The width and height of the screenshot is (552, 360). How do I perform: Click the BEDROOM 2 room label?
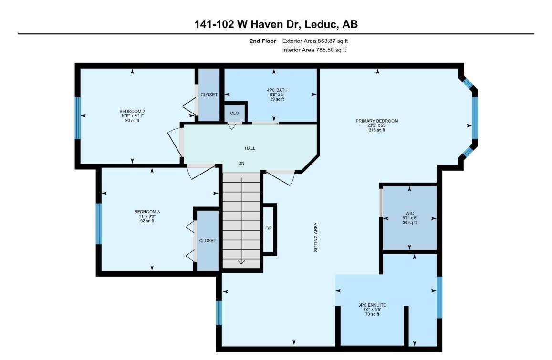coord(132,112)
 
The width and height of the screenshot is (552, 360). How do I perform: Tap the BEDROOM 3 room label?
coord(147,212)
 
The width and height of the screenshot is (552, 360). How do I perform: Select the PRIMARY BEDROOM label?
coord(377,121)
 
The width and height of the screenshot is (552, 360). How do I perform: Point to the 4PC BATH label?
coord(277,90)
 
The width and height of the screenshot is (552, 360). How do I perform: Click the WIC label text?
coord(409,214)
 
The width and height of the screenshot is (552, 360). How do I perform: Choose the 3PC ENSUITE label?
coord(372,305)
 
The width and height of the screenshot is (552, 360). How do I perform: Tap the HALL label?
coord(250,148)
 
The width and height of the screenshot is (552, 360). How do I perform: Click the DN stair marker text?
coord(241,163)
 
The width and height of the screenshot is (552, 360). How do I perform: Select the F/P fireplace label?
coord(269,228)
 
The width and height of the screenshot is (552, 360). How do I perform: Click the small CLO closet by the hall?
coord(234,113)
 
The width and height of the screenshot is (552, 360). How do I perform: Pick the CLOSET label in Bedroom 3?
coord(208,241)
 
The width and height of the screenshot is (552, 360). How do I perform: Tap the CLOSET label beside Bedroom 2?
coord(209,95)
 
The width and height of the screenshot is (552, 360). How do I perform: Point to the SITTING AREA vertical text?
coord(316,237)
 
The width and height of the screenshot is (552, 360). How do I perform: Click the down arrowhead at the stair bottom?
coord(241,261)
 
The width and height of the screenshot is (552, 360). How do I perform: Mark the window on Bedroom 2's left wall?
coord(78,118)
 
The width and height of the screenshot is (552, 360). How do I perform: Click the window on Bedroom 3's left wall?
coord(99,224)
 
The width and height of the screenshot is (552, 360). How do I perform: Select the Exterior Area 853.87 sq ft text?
coord(315,41)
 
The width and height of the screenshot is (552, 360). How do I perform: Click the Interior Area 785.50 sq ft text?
coord(314,50)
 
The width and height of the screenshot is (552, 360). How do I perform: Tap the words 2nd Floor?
coord(263,41)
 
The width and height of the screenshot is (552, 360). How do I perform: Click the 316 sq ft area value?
coord(377,130)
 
